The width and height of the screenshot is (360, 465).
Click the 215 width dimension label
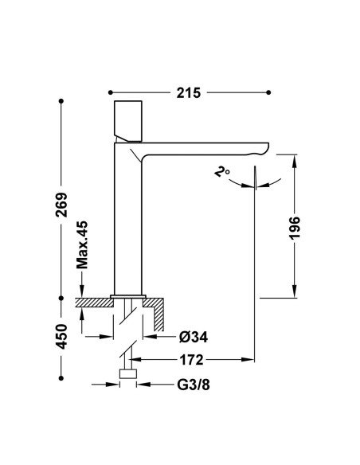pos(189,93)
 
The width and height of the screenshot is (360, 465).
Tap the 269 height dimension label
pos(61,205)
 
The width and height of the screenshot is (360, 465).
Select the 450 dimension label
pos(61,336)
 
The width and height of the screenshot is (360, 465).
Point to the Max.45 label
pos(82,245)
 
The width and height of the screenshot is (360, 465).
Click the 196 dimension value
pos(295,228)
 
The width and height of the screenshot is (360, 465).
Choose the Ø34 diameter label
pos(194,337)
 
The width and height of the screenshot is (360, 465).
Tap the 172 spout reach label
pos(192,360)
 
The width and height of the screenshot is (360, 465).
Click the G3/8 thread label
pos(194,385)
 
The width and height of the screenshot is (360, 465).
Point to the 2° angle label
pos(221,172)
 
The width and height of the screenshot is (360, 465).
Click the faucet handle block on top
pos(128,121)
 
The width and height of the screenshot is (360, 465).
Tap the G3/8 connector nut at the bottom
pos(128,374)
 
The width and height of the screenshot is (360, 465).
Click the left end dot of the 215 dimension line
pos(111,92)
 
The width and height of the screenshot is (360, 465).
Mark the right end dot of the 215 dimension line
pos(268,92)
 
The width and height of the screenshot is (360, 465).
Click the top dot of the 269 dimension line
pos(61,101)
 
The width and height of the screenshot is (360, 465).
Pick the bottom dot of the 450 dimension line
pos(61,378)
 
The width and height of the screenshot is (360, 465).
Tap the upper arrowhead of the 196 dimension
pos(295,161)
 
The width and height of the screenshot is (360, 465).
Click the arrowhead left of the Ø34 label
pos(150,337)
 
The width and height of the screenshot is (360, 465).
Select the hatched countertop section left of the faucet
pos(94,303)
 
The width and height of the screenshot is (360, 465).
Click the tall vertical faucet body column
pos(128,220)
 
